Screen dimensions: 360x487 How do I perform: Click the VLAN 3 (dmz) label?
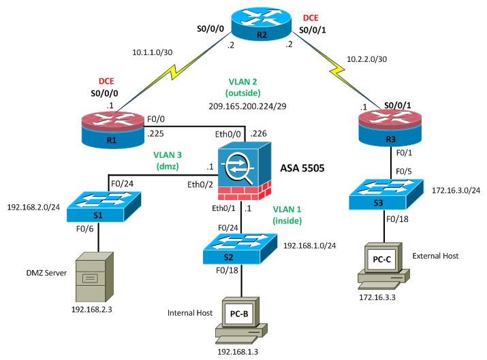(163, 159)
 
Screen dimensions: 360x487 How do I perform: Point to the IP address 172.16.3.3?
(379, 298)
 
